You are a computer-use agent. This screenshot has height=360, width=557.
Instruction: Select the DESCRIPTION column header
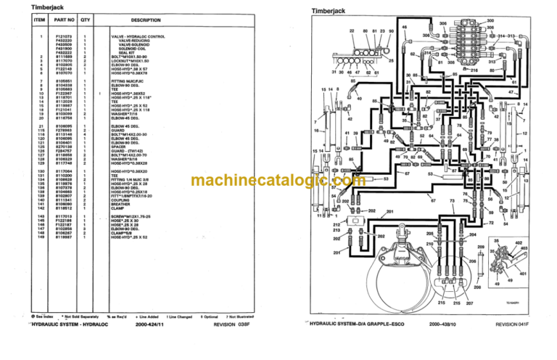146,20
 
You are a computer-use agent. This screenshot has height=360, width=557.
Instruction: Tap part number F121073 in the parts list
63,36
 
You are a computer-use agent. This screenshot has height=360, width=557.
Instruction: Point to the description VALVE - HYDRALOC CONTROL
138,36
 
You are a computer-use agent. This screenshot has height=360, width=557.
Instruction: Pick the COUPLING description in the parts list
119,200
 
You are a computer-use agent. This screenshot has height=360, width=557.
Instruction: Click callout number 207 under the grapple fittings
469,302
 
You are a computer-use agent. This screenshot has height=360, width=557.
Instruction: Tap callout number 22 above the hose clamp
352,31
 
